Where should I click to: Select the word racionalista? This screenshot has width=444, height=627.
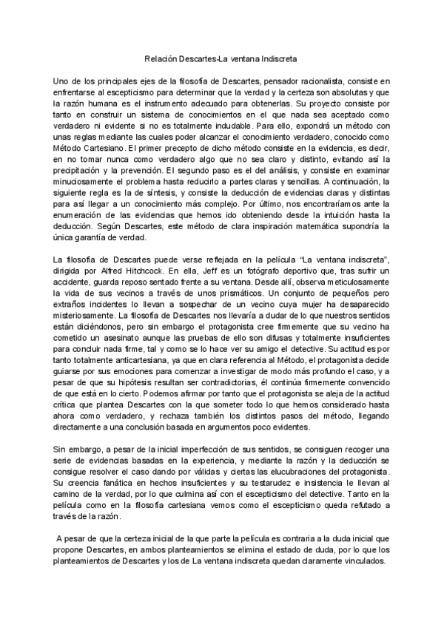click(x=319, y=80)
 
